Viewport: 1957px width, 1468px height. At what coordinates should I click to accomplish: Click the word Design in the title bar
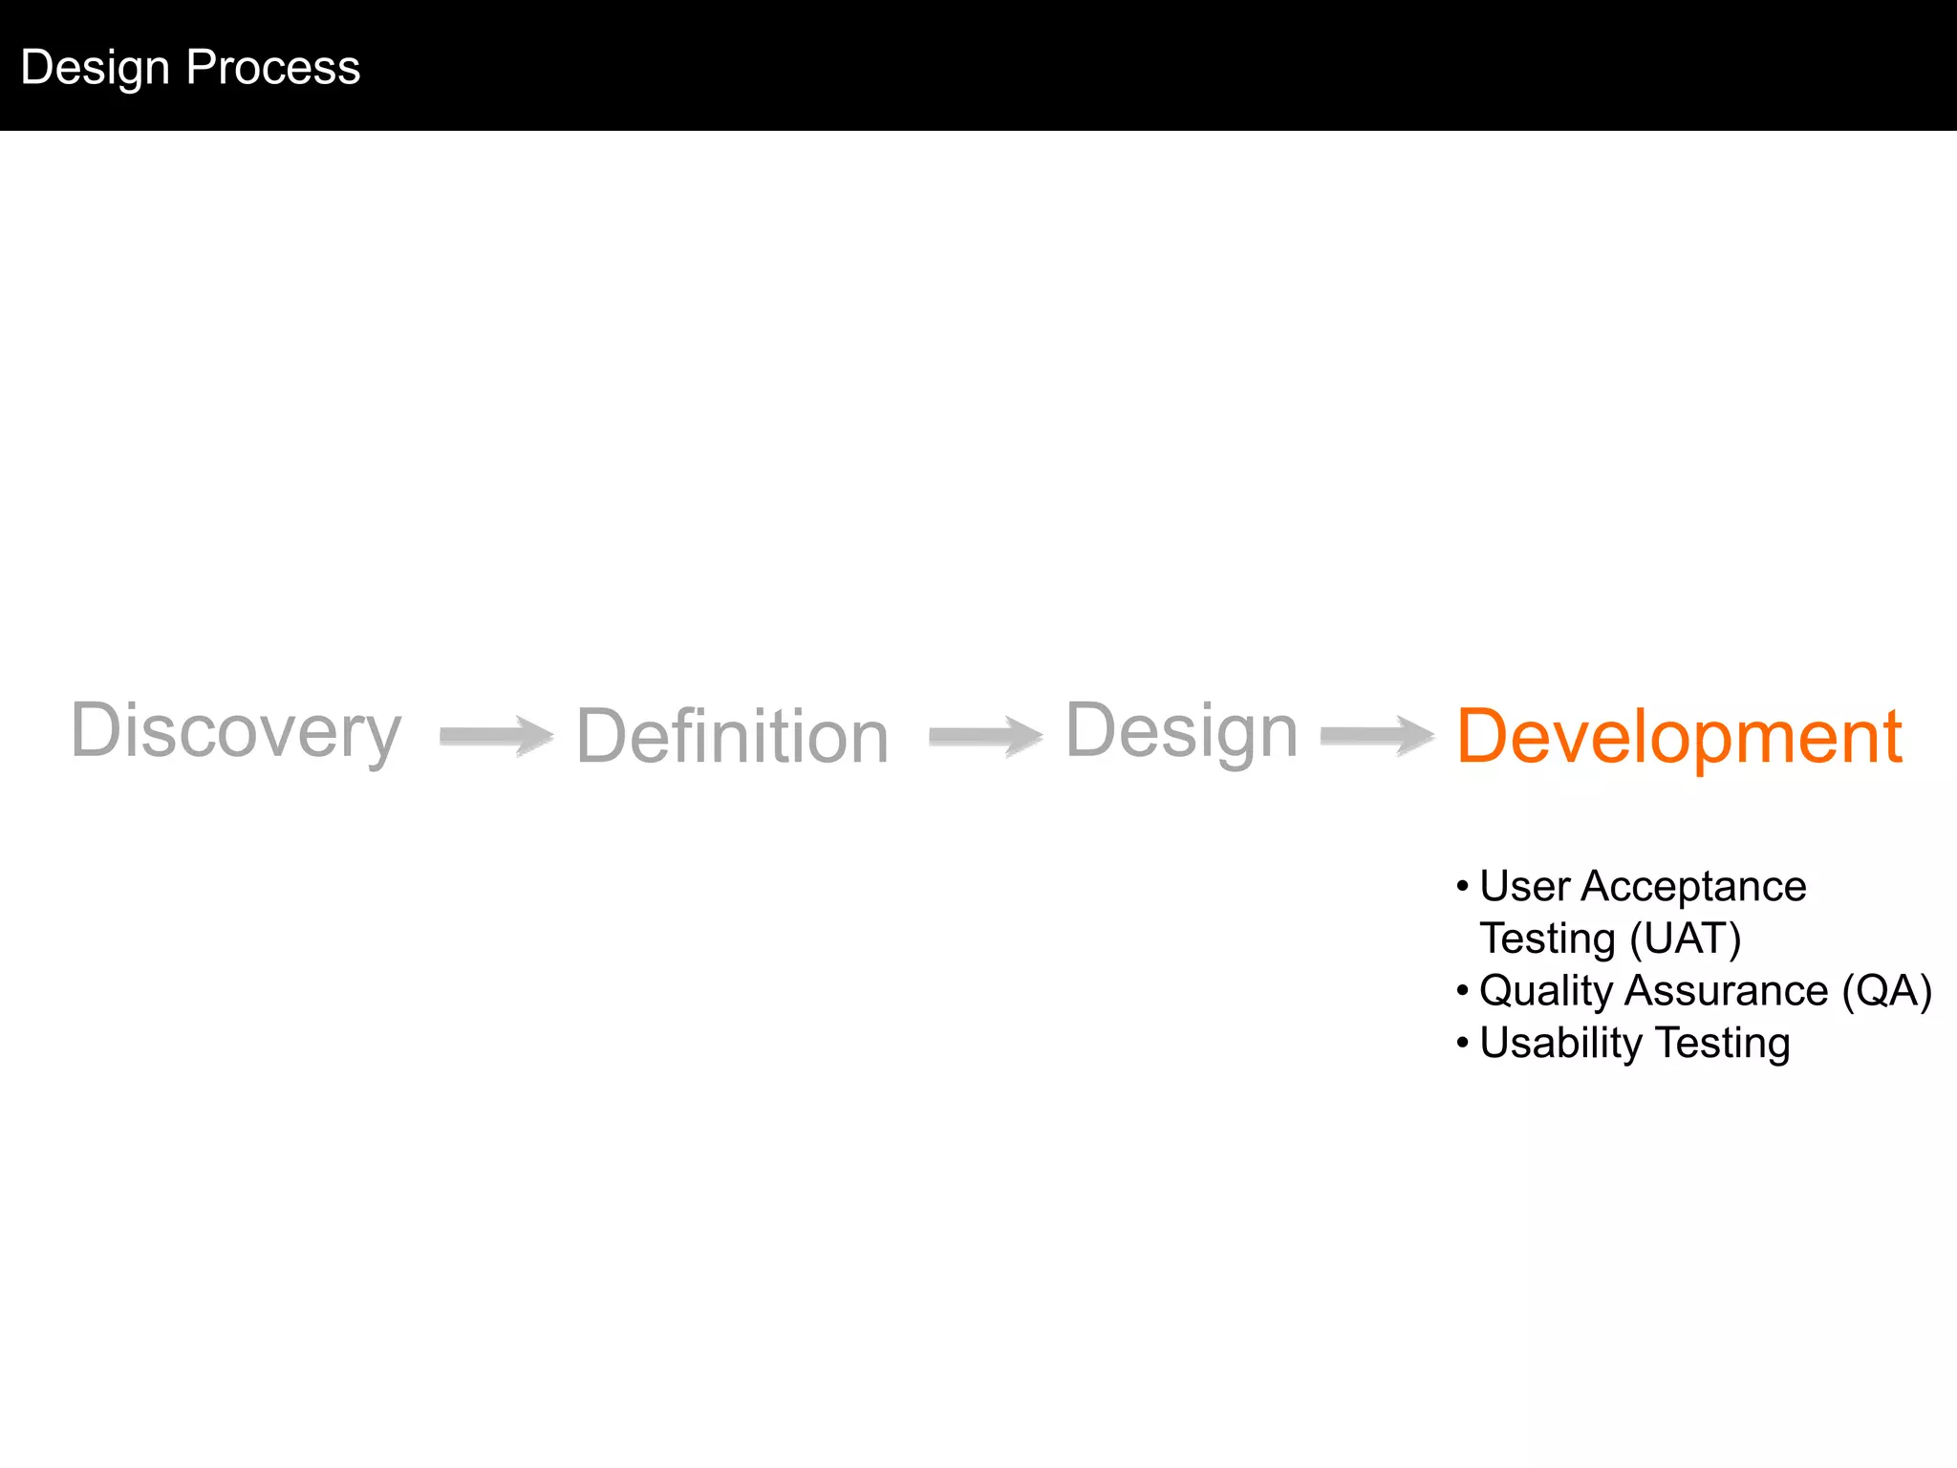coord(95,68)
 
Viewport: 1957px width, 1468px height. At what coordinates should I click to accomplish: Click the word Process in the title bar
coord(273,67)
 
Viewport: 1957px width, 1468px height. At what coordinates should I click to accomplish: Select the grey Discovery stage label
coord(236,732)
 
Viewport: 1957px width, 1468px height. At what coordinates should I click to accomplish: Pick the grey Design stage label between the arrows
coord(1181,732)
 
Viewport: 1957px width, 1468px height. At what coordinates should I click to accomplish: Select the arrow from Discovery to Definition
coord(496,736)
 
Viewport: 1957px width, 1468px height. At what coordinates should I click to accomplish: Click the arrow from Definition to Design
coord(985,736)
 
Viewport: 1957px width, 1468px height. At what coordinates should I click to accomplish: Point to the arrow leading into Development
coord(1377,736)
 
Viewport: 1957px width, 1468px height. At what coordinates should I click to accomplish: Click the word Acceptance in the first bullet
coord(1693,887)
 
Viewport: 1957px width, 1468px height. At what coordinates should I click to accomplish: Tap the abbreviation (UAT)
coord(1686,939)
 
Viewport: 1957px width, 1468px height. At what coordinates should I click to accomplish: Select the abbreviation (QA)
coord(1886,991)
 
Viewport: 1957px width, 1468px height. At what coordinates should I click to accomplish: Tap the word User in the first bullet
coord(1524,887)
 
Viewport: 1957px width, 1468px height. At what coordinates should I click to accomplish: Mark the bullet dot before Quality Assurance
coord(1462,991)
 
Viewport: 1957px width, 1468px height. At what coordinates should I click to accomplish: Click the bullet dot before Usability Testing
coord(1462,1043)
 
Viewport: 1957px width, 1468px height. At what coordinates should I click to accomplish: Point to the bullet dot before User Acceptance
coord(1462,887)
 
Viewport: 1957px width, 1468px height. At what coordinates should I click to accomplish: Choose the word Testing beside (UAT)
coord(1547,939)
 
